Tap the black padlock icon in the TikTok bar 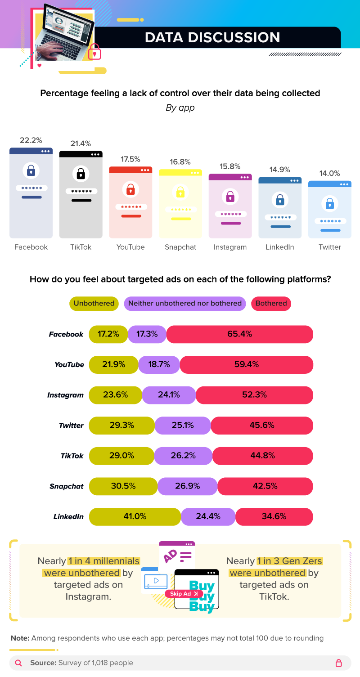click(x=81, y=173)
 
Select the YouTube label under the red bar click(x=130, y=247)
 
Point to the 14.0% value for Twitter click(x=329, y=173)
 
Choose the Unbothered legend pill click(x=94, y=303)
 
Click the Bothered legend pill click(x=271, y=303)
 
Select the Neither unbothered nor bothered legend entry click(x=185, y=303)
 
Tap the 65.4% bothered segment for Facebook click(x=239, y=334)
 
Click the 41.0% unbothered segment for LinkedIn click(x=135, y=516)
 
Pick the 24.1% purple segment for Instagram click(x=169, y=395)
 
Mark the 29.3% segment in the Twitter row click(x=121, y=425)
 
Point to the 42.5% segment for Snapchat click(x=265, y=486)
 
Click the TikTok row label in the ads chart click(x=72, y=456)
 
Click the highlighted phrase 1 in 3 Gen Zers click(x=290, y=561)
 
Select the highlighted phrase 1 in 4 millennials click(x=103, y=561)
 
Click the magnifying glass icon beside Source click(x=18, y=663)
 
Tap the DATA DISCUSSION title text click(x=212, y=37)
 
